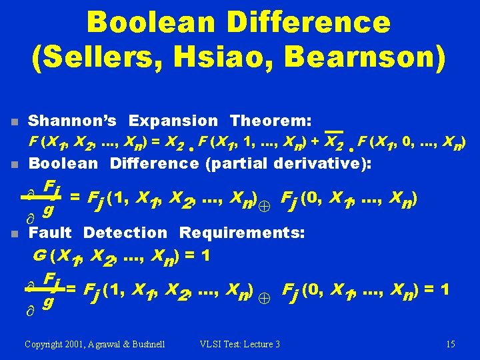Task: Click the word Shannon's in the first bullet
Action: (x=73, y=121)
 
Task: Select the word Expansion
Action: (x=173, y=121)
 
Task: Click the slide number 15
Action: (x=451, y=344)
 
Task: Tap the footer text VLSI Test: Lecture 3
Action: (x=239, y=344)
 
